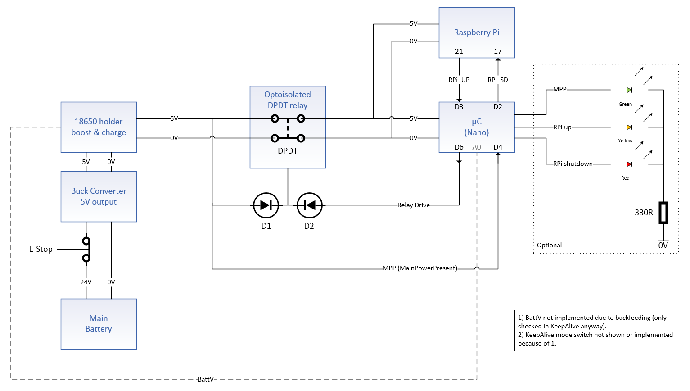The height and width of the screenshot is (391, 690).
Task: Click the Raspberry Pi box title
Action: (x=476, y=32)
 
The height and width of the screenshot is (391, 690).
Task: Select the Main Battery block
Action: (x=99, y=324)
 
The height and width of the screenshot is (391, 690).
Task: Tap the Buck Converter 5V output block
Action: (x=99, y=196)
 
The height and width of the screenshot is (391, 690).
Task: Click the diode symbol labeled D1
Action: (x=266, y=205)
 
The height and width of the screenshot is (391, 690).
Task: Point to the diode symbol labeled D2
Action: (x=309, y=205)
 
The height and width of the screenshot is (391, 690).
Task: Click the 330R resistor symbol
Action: (x=663, y=213)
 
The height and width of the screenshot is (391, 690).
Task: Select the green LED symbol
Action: (x=629, y=90)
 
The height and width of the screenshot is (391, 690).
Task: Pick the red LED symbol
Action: (x=629, y=164)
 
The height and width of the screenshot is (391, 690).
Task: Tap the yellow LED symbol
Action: (x=629, y=127)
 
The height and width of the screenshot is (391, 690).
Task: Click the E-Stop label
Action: (x=41, y=249)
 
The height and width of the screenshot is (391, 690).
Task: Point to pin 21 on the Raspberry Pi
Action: (x=459, y=51)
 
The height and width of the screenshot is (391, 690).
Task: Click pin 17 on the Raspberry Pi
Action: (x=498, y=51)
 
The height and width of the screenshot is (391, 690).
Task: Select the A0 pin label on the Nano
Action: (x=477, y=147)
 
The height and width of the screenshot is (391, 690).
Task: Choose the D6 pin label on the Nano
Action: (x=459, y=147)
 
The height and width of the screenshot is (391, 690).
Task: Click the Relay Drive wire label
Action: (x=413, y=205)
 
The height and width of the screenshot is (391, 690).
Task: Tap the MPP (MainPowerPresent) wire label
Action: (x=420, y=268)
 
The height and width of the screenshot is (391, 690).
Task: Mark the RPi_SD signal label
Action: (x=498, y=80)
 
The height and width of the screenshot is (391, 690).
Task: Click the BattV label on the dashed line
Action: (x=206, y=379)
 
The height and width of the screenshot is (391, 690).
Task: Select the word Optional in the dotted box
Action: (x=549, y=246)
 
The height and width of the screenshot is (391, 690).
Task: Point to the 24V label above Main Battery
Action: (x=86, y=282)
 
